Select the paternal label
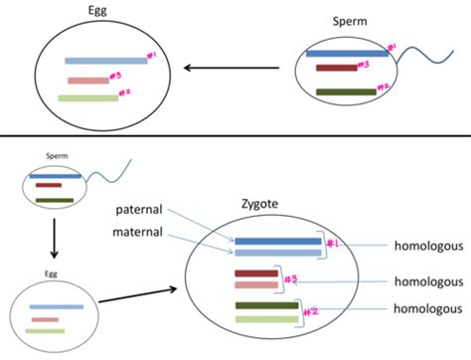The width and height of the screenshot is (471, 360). coord(146,210)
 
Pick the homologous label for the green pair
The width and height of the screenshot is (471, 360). coord(425,309)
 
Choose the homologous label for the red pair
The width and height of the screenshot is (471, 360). coord(425,281)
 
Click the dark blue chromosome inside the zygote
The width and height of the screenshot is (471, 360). coord(277,241)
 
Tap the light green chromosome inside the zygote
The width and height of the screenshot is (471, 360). coord(265,319)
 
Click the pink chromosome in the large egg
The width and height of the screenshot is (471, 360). coord(88,81)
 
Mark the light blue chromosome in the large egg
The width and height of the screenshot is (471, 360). coord(105,62)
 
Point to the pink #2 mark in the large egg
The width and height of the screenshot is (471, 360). coord(125,93)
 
